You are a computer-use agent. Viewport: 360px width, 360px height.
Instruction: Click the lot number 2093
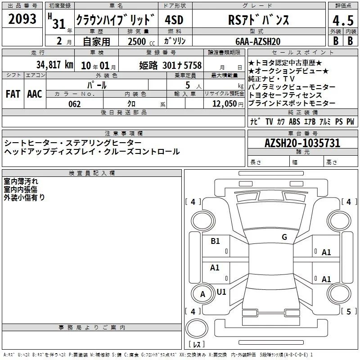coord(22,19)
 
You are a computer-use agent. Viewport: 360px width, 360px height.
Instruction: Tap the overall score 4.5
coord(343,21)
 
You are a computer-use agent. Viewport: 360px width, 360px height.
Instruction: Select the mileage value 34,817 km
coord(54,65)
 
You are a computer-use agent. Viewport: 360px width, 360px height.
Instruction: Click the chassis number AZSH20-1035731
coord(302,143)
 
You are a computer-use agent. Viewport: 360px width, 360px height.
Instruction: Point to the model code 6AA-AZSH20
coord(258,41)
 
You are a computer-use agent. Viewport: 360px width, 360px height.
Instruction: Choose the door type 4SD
coord(174,20)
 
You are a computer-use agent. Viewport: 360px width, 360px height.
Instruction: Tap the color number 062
coord(75,104)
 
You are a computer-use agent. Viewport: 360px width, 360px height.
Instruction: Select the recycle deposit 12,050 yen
coord(228,104)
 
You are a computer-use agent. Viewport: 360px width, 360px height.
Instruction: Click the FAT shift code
coord(13,94)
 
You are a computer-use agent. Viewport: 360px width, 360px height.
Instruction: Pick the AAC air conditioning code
coord(35,94)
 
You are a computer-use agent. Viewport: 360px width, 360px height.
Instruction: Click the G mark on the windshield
coord(284,237)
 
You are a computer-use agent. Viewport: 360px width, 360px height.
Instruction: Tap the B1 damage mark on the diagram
coord(216,241)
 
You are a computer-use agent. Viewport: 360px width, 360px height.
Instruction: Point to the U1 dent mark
coord(221,292)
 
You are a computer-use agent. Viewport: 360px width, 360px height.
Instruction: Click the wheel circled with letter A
coord(202,294)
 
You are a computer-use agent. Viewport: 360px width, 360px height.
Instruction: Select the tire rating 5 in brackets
coord(349,311)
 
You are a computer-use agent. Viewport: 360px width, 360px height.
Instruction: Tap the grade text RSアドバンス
coord(258,20)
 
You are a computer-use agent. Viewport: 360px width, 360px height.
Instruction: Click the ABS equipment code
coord(294,121)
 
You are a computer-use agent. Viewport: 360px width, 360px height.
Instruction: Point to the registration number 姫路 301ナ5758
coord(171,65)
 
